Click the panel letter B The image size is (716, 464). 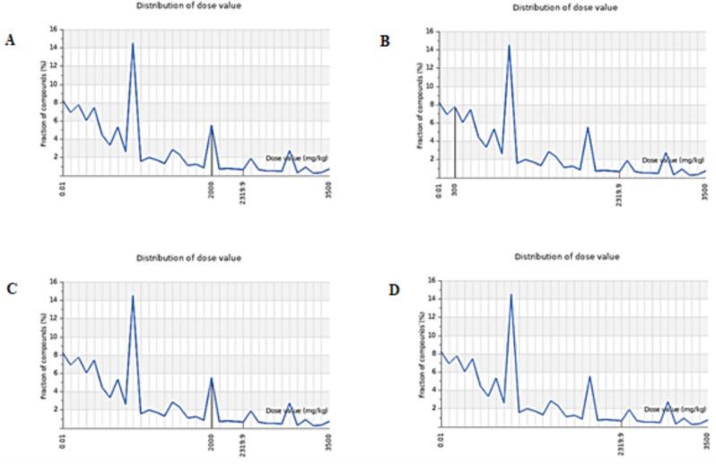coord(386,40)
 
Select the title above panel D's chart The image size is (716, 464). coord(566,257)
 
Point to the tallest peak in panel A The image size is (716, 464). coord(133,43)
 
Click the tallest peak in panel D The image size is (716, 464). coord(511,294)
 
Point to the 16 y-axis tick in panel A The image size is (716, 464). coord(55,29)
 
